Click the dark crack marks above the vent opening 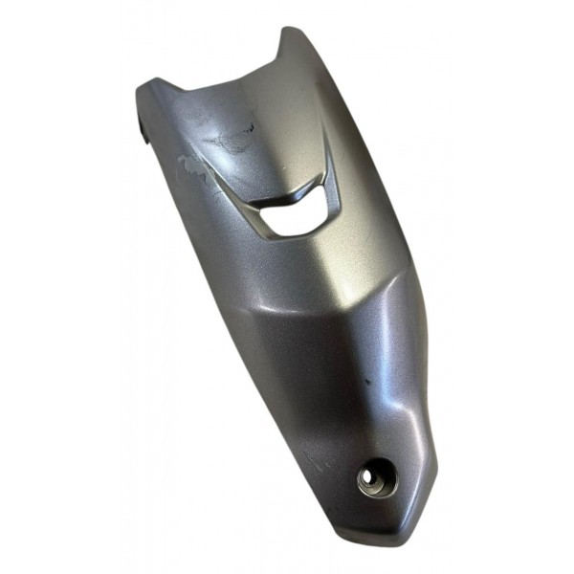(234, 134)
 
